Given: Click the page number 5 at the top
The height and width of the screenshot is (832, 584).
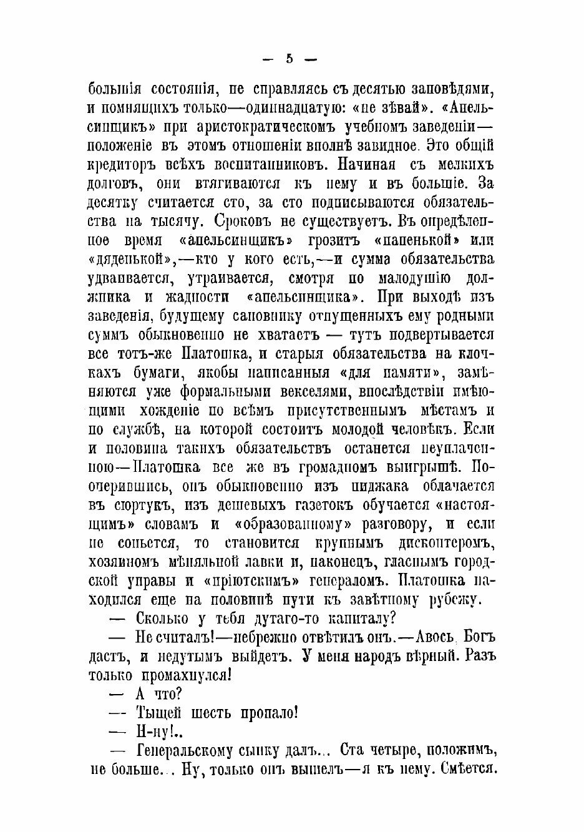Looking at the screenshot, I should tap(289, 59).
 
